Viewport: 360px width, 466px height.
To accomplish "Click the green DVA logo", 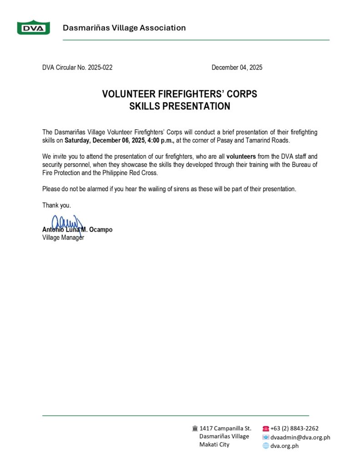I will click(33, 28).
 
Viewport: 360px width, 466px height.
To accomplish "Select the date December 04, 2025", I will click(237, 68).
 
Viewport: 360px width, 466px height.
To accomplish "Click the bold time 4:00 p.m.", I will click(161, 140).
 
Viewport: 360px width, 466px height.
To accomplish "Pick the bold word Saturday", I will click(78, 140).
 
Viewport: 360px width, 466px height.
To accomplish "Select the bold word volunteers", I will click(241, 157).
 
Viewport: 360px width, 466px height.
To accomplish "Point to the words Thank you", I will click(56, 205).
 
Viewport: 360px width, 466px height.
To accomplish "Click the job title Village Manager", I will click(63, 238).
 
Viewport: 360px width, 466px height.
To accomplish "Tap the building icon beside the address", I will click(195, 428).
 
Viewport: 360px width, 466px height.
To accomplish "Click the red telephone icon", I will click(266, 428).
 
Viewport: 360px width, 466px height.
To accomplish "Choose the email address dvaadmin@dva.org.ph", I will click(300, 437).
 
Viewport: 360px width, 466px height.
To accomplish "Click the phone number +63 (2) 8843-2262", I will click(294, 428).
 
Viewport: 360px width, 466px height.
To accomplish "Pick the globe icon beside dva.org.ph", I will click(266, 446).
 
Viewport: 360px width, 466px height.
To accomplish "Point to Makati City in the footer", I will click(214, 445).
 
